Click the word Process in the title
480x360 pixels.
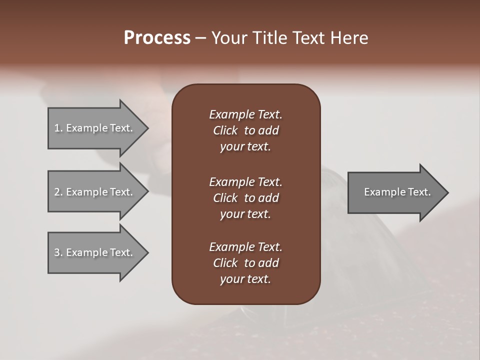pyautogui.click(x=157, y=38)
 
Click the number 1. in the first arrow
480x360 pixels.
pyautogui.click(x=58, y=128)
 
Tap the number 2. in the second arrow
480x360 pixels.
pyautogui.click(x=58, y=192)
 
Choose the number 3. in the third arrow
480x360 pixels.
pyautogui.click(x=58, y=252)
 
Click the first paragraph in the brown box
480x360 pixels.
pyautogui.click(x=245, y=130)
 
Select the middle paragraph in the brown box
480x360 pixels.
pyautogui.click(x=245, y=198)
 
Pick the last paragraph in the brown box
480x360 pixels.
pyautogui.click(x=245, y=263)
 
